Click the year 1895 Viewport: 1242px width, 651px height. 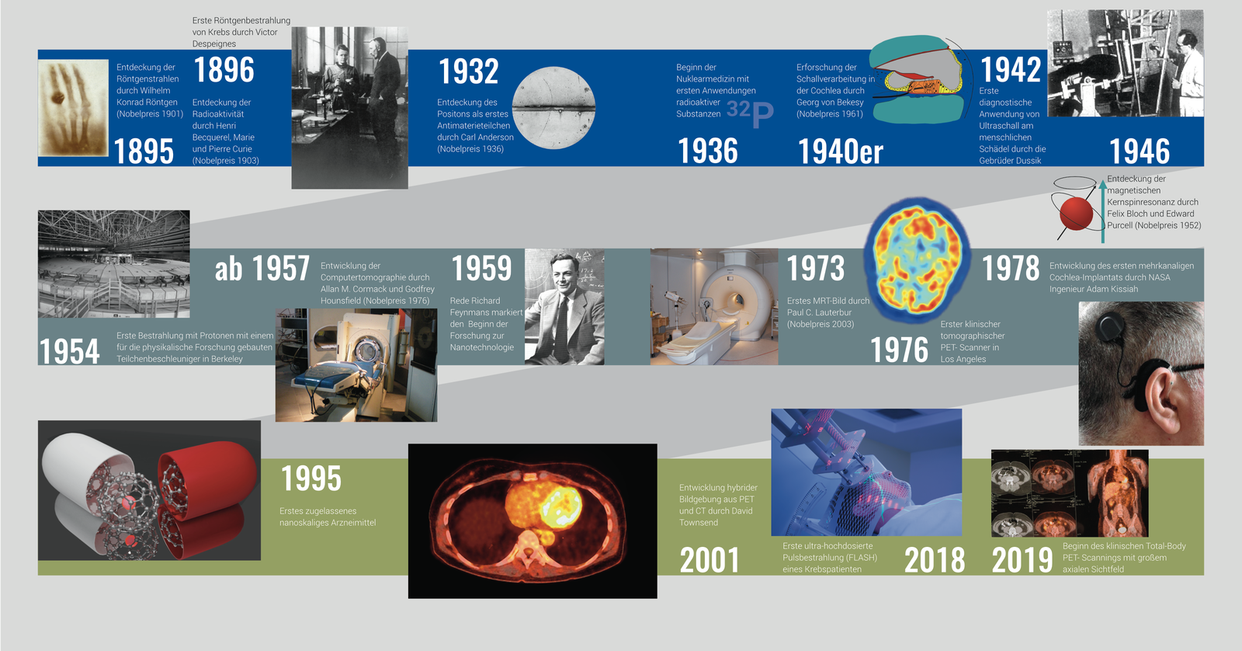pos(144,151)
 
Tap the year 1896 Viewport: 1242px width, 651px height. pos(224,70)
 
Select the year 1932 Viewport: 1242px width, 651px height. pos(469,71)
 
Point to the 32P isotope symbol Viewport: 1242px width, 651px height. pos(750,113)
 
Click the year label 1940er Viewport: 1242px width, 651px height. pos(840,151)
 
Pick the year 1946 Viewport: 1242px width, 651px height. pos(1140,151)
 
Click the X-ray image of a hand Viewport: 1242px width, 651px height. pos(73,108)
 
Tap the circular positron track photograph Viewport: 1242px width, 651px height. pos(553,108)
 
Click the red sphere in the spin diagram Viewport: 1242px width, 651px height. pos(1076,213)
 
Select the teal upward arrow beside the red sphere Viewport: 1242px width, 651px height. pos(1103,211)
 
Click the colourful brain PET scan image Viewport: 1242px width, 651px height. pos(917,259)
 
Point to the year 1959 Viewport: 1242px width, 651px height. pos(481,269)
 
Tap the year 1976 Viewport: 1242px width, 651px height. pos(899,350)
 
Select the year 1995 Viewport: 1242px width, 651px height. pos(310,479)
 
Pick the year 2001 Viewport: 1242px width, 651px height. pos(709,561)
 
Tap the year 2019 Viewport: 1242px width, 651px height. pos(1022,561)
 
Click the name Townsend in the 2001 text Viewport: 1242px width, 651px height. pos(698,523)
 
